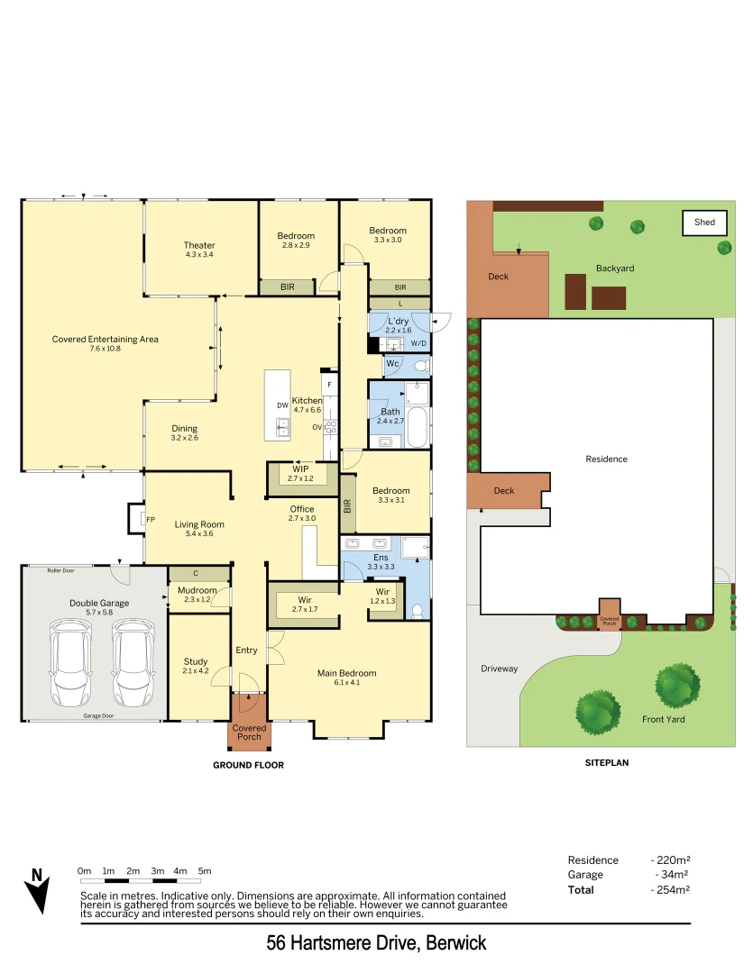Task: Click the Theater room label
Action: pos(199,245)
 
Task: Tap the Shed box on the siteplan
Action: pos(704,223)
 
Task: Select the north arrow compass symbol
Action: pos(37,891)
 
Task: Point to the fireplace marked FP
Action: pos(134,519)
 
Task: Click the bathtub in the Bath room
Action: pos(418,428)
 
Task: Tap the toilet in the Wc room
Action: pos(418,366)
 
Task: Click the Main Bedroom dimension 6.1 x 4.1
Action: pos(346,683)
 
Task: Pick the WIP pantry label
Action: pos(300,468)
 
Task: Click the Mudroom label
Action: pos(196,589)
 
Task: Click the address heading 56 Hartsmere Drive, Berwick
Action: pos(376,943)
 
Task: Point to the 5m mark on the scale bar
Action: pos(205,871)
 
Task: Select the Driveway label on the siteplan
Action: pos(500,668)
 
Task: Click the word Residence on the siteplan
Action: pos(606,459)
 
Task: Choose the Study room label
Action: pos(196,661)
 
